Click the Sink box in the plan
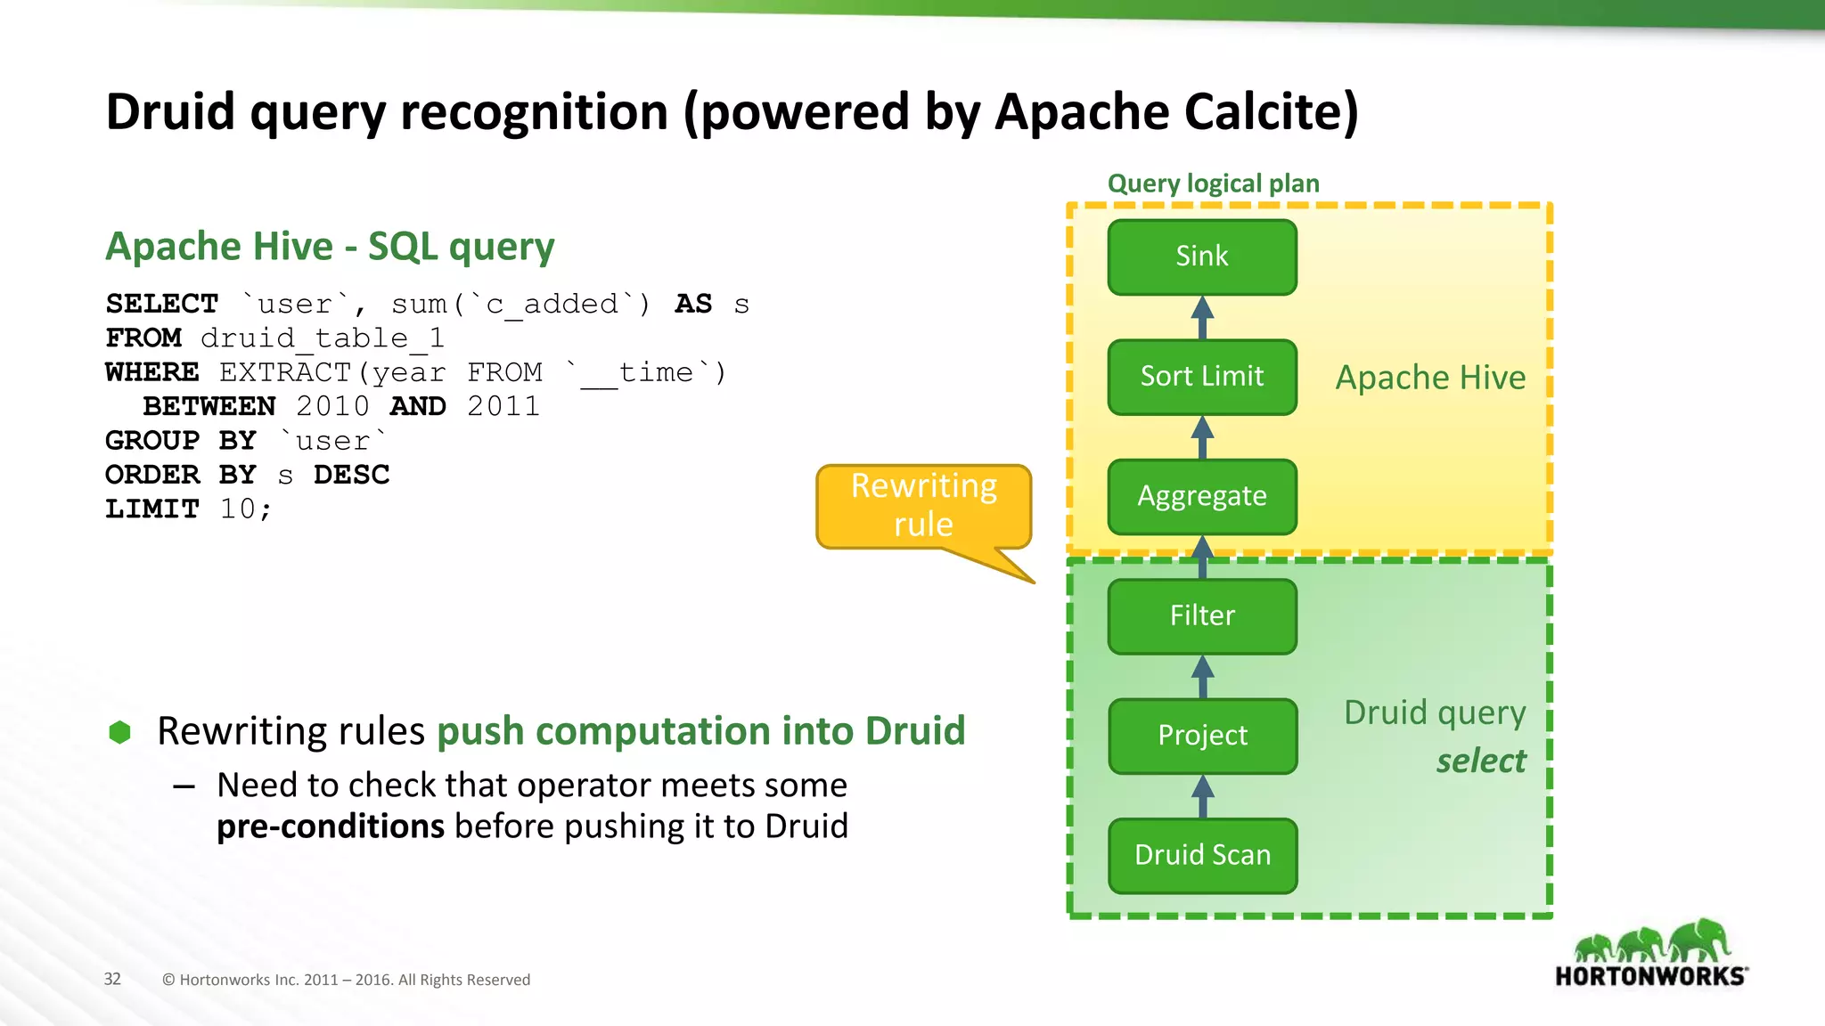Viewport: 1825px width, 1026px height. pos(1202,257)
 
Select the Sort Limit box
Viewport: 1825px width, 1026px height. pos(1202,377)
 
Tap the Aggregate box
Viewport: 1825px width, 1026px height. pos(1202,496)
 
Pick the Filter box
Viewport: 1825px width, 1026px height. pos(1202,615)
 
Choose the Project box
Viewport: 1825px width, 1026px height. pos(1202,736)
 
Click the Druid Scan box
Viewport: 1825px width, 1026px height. pos(1202,855)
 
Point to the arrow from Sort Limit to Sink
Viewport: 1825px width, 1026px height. pos(1202,317)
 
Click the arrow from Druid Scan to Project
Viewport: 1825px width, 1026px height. pos(1202,795)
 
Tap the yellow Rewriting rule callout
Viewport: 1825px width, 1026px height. pos(923,506)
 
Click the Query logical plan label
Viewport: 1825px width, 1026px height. pos(1213,183)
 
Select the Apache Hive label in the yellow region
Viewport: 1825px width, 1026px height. pos(1429,378)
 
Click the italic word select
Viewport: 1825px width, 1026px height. pos(1480,761)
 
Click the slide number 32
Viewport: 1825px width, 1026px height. pos(112,979)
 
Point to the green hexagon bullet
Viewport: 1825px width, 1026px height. pos(119,732)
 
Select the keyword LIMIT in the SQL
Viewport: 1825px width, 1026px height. pos(151,509)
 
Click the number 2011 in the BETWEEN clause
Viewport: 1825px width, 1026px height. pos(503,407)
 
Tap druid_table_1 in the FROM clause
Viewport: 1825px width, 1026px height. pos(322,338)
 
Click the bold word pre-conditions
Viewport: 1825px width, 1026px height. pos(330,826)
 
